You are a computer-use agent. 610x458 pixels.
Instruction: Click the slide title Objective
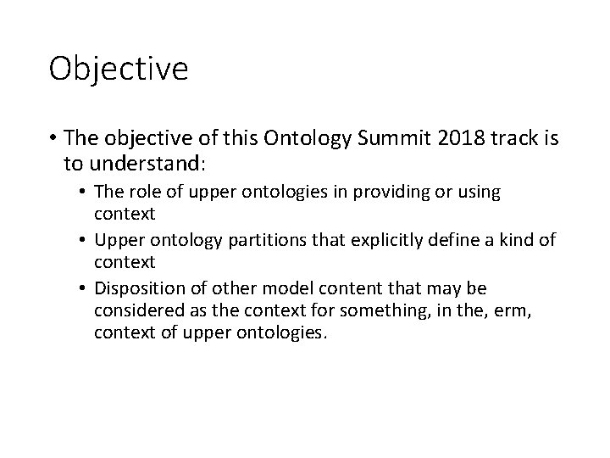119,69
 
